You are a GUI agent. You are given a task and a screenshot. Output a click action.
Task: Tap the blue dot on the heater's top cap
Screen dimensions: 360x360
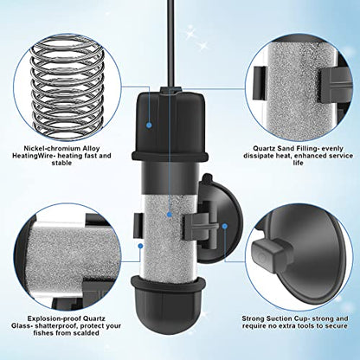[149, 125]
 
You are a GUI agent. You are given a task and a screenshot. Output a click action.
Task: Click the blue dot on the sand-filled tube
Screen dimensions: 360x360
[170, 215]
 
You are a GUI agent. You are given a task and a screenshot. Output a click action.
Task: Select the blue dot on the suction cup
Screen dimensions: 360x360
[225, 226]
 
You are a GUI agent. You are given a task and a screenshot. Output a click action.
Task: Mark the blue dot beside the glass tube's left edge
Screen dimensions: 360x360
[140, 246]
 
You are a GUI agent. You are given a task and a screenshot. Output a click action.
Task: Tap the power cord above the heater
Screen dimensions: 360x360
[170, 43]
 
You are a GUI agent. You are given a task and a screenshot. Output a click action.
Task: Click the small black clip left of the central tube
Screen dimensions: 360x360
[138, 226]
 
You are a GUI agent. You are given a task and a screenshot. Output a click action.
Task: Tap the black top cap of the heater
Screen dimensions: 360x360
[170, 124]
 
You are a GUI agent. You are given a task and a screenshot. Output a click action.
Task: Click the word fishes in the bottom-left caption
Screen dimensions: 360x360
[42, 333]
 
